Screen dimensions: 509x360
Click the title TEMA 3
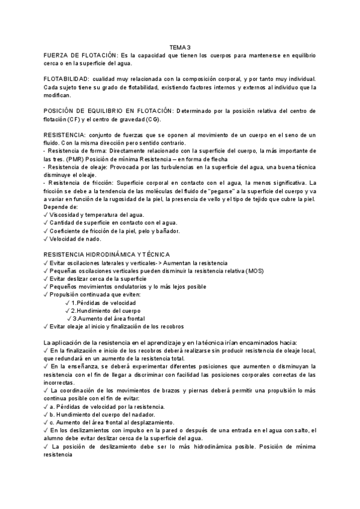[179, 47]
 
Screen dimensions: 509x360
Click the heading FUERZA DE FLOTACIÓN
[80, 55]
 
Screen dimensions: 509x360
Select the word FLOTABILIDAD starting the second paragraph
[66, 80]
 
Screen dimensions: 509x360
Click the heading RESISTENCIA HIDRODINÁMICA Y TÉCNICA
[107, 254]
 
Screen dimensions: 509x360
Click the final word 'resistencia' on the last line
[59, 454]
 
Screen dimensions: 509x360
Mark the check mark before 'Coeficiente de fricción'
[47, 230]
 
